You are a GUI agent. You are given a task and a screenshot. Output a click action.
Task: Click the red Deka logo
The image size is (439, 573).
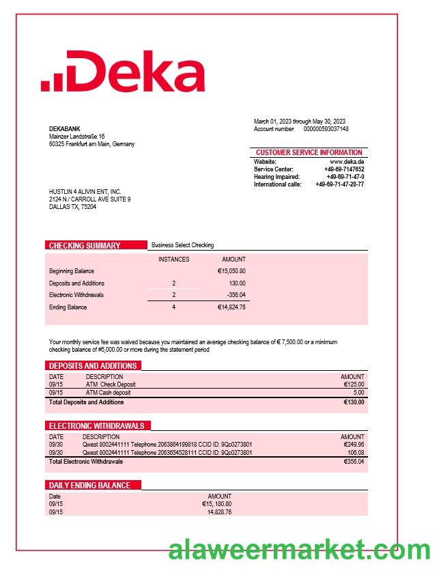coord(123,72)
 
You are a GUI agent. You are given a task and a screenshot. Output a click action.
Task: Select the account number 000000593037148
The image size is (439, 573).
coord(326,129)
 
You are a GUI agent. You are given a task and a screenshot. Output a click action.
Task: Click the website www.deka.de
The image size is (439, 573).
coord(347,162)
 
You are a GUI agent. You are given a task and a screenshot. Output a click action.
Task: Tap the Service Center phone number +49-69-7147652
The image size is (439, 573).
coord(344,169)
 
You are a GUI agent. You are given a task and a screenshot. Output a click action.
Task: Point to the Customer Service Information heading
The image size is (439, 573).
coord(309,152)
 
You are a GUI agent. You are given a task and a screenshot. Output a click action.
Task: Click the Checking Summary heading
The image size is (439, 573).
coord(85,246)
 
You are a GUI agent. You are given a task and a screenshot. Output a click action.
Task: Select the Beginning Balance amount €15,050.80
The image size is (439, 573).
coord(231,271)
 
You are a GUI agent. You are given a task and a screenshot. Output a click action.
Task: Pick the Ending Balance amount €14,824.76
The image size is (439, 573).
coord(231,307)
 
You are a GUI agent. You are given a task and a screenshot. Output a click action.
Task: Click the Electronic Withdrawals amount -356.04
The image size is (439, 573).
coord(236,295)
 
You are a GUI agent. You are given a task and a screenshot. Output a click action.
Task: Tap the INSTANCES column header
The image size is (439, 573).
coord(174,260)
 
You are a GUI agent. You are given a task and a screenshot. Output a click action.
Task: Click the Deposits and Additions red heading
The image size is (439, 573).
coord(93,366)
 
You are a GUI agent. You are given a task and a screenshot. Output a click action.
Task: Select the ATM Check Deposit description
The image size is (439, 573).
coord(111,385)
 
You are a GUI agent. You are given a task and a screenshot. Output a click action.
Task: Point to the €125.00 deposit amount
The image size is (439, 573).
coord(354,385)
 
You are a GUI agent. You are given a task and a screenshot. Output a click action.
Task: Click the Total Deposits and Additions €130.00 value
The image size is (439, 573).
coord(354,402)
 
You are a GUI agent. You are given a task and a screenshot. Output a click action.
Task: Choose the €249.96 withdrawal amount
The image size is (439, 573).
coord(354,445)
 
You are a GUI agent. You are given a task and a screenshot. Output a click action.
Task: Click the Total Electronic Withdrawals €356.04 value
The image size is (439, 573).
coord(354,462)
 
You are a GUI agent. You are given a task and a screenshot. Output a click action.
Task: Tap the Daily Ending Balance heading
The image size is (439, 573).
coord(89,486)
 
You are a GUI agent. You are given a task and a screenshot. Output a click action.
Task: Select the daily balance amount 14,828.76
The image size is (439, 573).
coord(219,512)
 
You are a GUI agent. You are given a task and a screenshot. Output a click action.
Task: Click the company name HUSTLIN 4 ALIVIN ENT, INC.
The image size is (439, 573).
coord(85,192)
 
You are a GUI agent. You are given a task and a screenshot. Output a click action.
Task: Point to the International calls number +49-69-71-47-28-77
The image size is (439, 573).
coord(340,184)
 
